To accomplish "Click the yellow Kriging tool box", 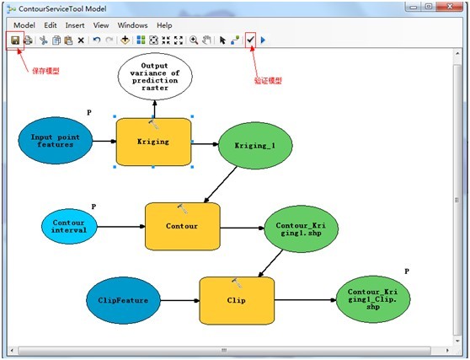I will pyautogui.click(x=152, y=142).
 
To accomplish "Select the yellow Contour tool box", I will pyautogui.click(x=182, y=226).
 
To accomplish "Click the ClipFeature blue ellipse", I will pyautogui.click(x=123, y=300).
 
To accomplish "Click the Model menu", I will pyautogui.click(x=24, y=25).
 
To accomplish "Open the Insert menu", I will pyautogui.click(x=75, y=25).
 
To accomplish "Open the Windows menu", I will pyautogui.click(x=132, y=25).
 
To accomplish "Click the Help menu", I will pyautogui.click(x=164, y=25).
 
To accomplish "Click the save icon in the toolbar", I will pyautogui.click(x=15, y=40).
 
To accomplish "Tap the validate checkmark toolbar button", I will pyautogui.click(x=250, y=40).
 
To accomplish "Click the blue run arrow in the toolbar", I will pyautogui.click(x=263, y=40).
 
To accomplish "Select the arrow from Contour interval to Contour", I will pyautogui.click(x=121, y=226).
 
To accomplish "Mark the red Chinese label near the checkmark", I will pyautogui.click(x=268, y=81).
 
